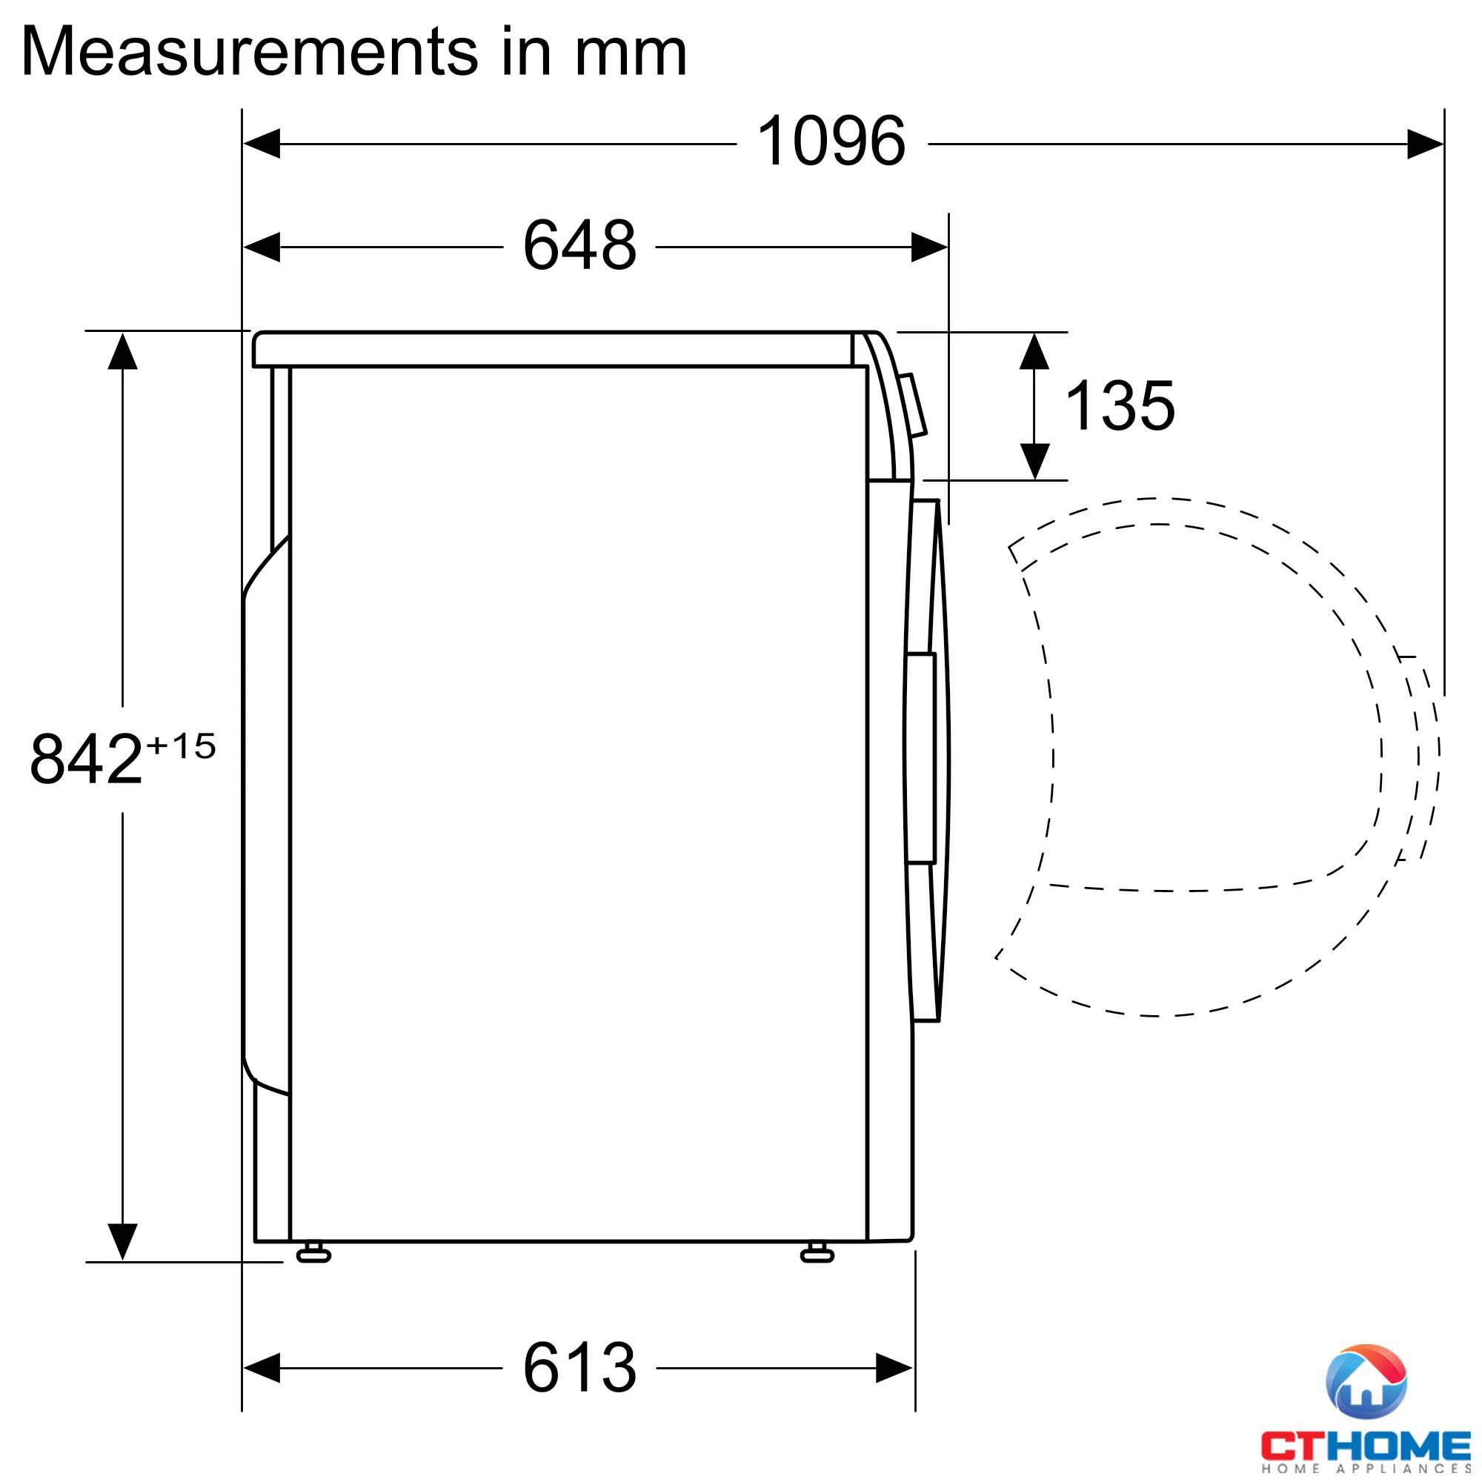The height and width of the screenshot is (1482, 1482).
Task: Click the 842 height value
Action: click(86, 759)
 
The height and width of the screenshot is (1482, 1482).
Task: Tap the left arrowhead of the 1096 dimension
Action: click(262, 144)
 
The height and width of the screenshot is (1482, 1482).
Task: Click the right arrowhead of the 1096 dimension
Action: click(1425, 144)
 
